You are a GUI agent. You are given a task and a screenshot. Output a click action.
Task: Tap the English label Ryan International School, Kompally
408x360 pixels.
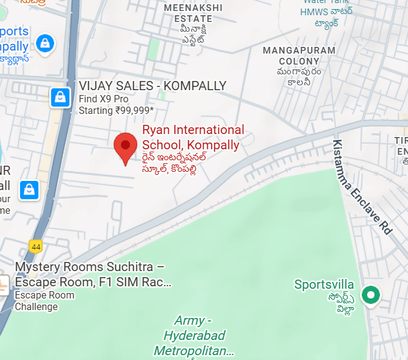pyautogui.click(x=192, y=138)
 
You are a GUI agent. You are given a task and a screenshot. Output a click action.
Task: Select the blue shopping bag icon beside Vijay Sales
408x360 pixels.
pyautogui.click(x=60, y=96)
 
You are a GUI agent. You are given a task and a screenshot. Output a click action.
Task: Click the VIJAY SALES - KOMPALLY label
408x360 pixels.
pyautogui.click(x=152, y=86)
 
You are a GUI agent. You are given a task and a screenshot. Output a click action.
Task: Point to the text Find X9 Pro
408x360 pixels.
pyautogui.click(x=104, y=99)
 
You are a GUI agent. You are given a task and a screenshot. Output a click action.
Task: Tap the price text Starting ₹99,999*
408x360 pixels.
pyautogui.click(x=116, y=111)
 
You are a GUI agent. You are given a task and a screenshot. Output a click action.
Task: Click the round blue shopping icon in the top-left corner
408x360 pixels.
pyautogui.click(x=45, y=43)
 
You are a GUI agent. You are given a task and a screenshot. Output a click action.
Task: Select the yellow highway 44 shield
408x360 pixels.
pyautogui.click(x=35, y=245)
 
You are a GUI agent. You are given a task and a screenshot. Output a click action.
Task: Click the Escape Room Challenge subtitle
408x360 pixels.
pyautogui.click(x=44, y=301)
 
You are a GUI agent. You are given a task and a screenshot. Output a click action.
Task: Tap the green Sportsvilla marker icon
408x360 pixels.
pyautogui.click(x=370, y=295)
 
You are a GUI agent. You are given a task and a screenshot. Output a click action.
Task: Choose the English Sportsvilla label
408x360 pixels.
pyautogui.click(x=324, y=284)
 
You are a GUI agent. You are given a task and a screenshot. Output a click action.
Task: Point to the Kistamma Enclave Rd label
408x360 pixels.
pyautogui.click(x=361, y=187)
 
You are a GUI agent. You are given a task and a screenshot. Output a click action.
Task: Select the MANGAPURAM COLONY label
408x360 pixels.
pyautogui.click(x=299, y=55)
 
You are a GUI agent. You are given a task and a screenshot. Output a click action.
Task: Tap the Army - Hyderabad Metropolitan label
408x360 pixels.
pyautogui.click(x=194, y=336)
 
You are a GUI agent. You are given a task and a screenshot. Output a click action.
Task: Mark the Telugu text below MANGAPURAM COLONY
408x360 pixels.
pyautogui.click(x=299, y=77)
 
